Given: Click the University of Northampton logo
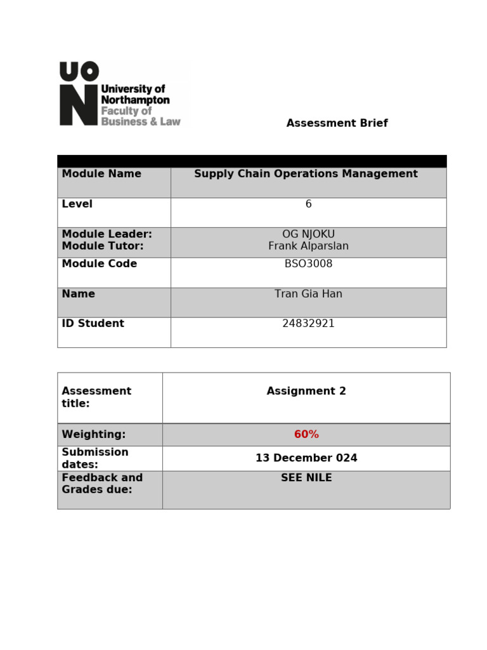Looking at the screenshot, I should pyautogui.click(x=120, y=94).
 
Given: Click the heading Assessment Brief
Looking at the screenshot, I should pyautogui.click(x=337, y=123).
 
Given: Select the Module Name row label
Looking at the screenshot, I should pyautogui.click(x=101, y=174).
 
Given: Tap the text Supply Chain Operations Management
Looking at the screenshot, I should pyautogui.click(x=306, y=174).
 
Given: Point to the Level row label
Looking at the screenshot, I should pyautogui.click(x=77, y=204).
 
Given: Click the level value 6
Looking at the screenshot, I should pyautogui.click(x=308, y=204).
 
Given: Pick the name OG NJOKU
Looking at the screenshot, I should pyautogui.click(x=308, y=234).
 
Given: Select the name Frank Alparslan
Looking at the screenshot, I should pyautogui.click(x=308, y=246).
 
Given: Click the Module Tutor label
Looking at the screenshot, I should pyautogui.click(x=103, y=246).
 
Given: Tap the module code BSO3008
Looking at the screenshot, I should pyautogui.click(x=308, y=264).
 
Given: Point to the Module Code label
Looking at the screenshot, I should pyautogui.click(x=99, y=264).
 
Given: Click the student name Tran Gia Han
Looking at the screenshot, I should pyautogui.click(x=308, y=294).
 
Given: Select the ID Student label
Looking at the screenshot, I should pyautogui.click(x=93, y=324).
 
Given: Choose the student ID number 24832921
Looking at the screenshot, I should pyautogui.click(x=308, y=324).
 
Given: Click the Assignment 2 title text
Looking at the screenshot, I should pyautogui.click(x=306, y=392).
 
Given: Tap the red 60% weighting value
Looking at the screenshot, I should pyautogui.click(x=306, y=435).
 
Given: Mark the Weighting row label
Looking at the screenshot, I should pyautogui.click(x=93, y=435).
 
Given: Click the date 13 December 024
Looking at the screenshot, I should pyautogui.click(x=306, y=458).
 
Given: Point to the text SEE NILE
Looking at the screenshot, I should pyautogui.click(x=306, y=478).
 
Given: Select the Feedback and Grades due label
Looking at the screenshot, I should pyautogui.click(x=101, y=484).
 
